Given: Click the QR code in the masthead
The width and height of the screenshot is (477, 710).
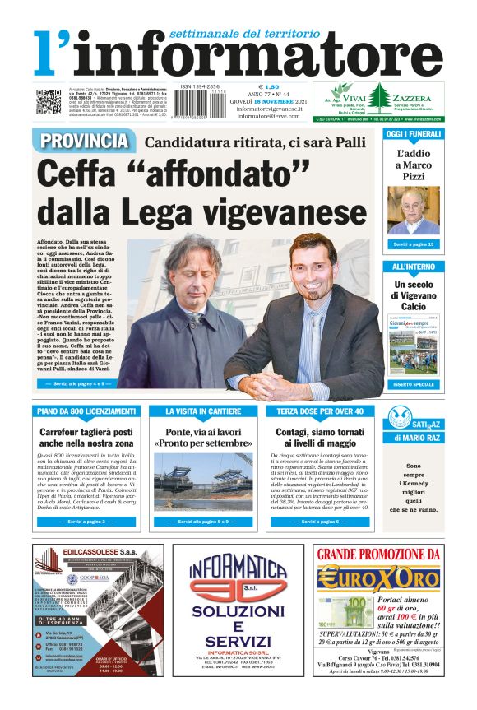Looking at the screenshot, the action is click(48, 101).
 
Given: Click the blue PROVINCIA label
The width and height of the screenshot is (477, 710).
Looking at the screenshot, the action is click(83, 141).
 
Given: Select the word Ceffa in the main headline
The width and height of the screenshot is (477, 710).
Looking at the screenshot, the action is click(84, 174).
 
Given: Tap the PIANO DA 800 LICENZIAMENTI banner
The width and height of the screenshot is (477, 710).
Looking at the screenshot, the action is click(86, 411).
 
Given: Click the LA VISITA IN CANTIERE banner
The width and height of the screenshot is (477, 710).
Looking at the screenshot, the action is click(203, 411).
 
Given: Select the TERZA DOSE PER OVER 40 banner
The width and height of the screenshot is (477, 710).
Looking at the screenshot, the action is click(319, 411).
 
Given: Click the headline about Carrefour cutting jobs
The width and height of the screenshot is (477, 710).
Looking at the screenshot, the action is click(86, 438).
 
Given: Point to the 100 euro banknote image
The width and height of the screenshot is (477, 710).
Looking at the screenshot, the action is click(340, 612).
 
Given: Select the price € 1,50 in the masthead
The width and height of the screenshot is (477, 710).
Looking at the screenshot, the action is click(269, 86).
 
